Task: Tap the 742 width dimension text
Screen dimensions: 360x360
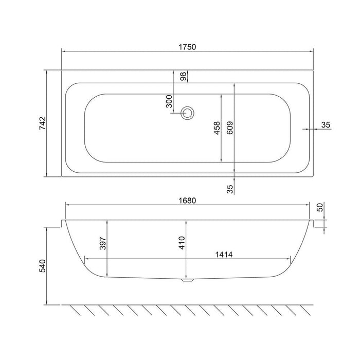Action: coord(42,124)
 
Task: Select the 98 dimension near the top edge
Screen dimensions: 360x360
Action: coord(183,76)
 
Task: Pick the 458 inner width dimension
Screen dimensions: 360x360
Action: coord(217,128)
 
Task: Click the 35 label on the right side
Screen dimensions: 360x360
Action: coord(326,124)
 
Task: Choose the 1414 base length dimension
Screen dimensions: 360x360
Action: coord(223,254)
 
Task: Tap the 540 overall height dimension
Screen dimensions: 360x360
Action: coord(42,265)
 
